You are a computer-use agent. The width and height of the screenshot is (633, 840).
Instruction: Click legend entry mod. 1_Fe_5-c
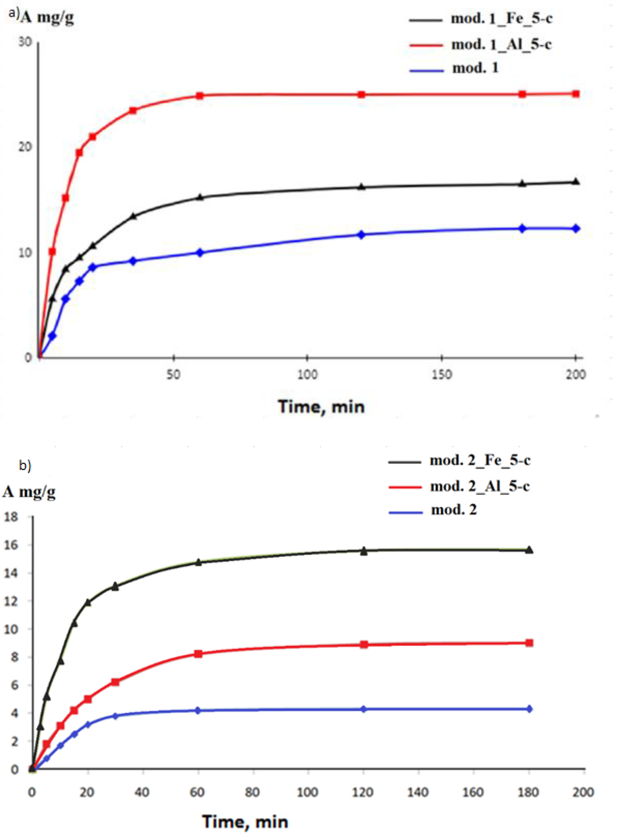(501, 19)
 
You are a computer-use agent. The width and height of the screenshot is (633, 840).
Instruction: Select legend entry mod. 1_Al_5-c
(501, 45)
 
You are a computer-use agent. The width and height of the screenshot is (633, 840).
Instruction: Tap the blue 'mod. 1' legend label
(475, 68)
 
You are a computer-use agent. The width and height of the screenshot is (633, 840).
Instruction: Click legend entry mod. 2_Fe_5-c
(480, 460)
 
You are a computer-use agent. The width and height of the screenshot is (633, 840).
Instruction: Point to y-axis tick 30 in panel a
(25, 42)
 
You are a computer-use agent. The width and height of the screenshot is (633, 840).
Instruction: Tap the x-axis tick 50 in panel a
(173, 375)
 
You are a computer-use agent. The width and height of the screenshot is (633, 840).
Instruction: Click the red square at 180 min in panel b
(529, 643)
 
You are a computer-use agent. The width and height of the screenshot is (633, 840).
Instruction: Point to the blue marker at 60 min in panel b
(198, 710)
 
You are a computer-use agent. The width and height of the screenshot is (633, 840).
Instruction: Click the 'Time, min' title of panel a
(321, 407)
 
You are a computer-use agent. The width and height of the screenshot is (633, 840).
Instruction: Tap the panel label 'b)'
(25, 466)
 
